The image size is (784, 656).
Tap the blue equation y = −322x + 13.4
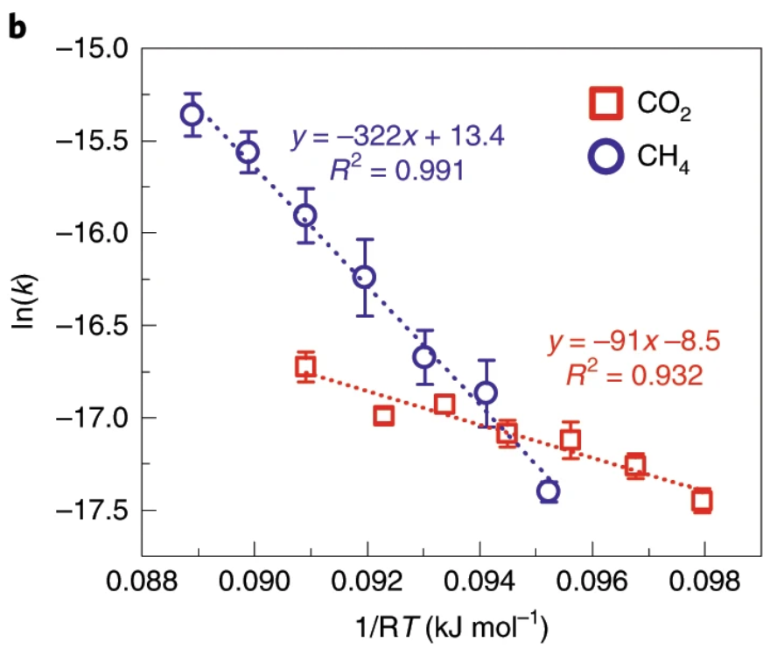point(398,138)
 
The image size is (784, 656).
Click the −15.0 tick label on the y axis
point(91,47)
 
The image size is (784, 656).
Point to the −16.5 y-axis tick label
point(91,325)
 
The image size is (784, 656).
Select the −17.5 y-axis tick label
point(91,510)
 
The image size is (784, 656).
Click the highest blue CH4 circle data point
point(192,114)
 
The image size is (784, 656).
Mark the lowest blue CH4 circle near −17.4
point(549,491)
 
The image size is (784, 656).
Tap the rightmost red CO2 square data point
point(702,501)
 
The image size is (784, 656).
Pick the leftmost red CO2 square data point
point(305,366)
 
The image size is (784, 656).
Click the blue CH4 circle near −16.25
point(365,277)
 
